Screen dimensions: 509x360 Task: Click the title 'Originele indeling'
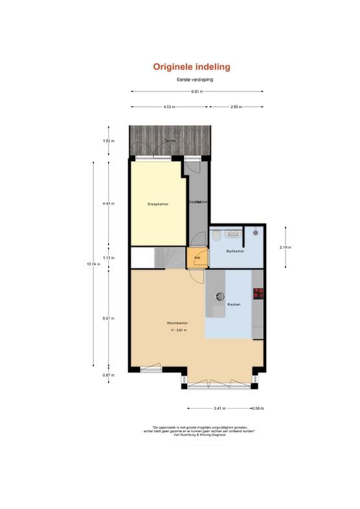[x=192, y=67]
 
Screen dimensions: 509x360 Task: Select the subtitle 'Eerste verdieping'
[x=195, y=79]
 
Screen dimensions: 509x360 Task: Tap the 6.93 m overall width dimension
[x=197, y=91]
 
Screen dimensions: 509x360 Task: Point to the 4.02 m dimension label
[x=169, y=107]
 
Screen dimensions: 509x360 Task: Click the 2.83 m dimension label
[x=236, y=107]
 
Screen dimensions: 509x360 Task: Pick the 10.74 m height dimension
[x=91, y=264]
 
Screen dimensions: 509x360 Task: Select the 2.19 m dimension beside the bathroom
[x=285, y=247]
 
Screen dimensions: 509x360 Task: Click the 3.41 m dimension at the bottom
[x=218, y=409]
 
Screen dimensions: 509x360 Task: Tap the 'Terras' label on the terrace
[x=170, y=141]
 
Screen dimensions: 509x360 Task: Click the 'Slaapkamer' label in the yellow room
[x=158, y=204]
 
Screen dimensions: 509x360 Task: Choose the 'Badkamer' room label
[x=234, y=251]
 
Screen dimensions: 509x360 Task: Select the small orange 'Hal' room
[x=197, y=257]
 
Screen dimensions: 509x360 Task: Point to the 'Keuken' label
[x=234, y=304]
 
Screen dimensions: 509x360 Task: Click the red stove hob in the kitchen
[x=258, y=293]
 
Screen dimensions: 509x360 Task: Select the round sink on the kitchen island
[x=220, y=296]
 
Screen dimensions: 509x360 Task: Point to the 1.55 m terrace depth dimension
[x=109, y=141]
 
